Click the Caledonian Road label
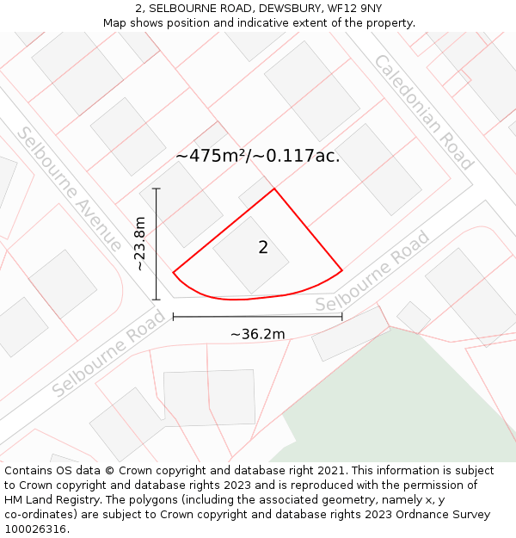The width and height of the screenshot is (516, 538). tap(422, 111)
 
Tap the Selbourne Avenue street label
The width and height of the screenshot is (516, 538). tap(69, 189)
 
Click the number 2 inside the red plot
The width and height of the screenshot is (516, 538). tap(263, 248)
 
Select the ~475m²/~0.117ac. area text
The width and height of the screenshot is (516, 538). tap(258, 156)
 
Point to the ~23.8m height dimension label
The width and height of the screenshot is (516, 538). tap(141, 244)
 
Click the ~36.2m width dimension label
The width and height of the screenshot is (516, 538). tap(257, 334)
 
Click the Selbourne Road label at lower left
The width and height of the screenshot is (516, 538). tap(108, 354)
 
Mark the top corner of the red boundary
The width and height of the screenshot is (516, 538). tap(274, 189)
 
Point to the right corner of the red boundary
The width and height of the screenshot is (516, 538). tap(342, 270)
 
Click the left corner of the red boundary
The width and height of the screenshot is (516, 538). tap(174, 273)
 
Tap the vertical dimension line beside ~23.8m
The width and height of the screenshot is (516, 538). tap(156, 244)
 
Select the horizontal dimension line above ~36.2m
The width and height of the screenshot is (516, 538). tap(257, 317)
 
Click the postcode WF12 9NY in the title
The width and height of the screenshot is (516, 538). tap(353, 8)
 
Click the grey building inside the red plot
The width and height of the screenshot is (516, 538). tap(250, 253)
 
